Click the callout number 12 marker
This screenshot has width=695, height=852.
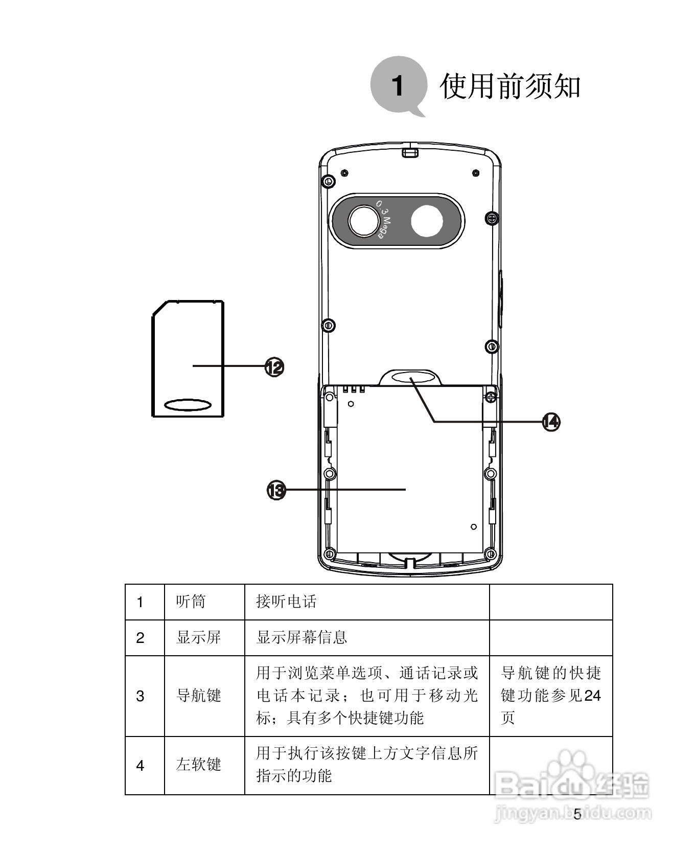click(x=274, y=366)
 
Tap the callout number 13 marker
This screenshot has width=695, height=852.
click(x=276, y=490)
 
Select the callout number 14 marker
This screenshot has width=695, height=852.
click(x=551, y=422)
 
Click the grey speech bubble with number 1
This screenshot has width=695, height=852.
click(x=398, y=85)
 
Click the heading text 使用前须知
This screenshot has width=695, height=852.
click(x=509, y=86)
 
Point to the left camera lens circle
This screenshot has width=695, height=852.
click(x=364, y=221)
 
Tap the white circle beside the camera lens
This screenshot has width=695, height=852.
click(x=427, y=221)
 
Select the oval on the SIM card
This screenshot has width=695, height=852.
click(x=188, y=405)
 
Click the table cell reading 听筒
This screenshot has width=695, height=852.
click(x=191, y=602)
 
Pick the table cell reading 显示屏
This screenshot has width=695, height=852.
click(x=198, y=637)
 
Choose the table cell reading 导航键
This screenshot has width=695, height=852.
click(x=198, y=696)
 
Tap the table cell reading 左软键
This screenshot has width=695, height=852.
click(x=198, y=765)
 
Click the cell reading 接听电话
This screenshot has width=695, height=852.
click(x=286, y=602)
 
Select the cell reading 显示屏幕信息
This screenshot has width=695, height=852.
click(x=302, y=637)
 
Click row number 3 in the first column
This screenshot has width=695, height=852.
click(x=140, y=696)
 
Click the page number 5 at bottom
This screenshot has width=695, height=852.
click(x=577, y=814)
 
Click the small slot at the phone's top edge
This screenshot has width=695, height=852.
click(x=410, y=152)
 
